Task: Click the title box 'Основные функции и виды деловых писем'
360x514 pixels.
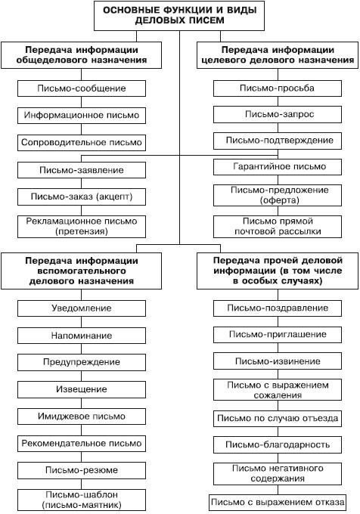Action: tap(179, 16)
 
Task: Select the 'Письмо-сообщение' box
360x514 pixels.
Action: tap(82, 88)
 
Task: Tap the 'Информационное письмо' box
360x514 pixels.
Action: tap(82, 116)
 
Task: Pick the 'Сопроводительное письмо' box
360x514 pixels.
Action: tap(82, 143)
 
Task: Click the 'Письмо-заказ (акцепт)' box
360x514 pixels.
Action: tap(82, 197)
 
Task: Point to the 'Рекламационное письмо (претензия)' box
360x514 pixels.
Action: tap(82, 227)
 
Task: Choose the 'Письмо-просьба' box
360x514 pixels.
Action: tap(278, 88)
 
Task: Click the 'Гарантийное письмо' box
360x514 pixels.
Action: tap(278, 166)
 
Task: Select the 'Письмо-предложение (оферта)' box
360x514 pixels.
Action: tap(278, 195)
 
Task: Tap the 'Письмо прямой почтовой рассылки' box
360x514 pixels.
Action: tap(278, 227)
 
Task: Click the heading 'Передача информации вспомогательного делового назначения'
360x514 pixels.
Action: tap(82, 271)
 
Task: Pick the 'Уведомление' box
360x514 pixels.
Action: tap(82, 308)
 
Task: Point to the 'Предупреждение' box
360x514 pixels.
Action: tap(82, 362)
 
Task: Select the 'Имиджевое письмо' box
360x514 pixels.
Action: tap(82, 416)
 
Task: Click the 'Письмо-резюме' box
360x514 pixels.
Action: tap(82, 470)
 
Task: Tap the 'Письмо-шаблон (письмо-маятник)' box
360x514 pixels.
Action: tap(82, 500)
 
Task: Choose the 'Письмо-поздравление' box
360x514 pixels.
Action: tap(278, 308)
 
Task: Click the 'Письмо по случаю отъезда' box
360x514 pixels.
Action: tap(278, 419)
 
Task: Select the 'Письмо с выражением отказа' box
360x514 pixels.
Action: tap(278, 503)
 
